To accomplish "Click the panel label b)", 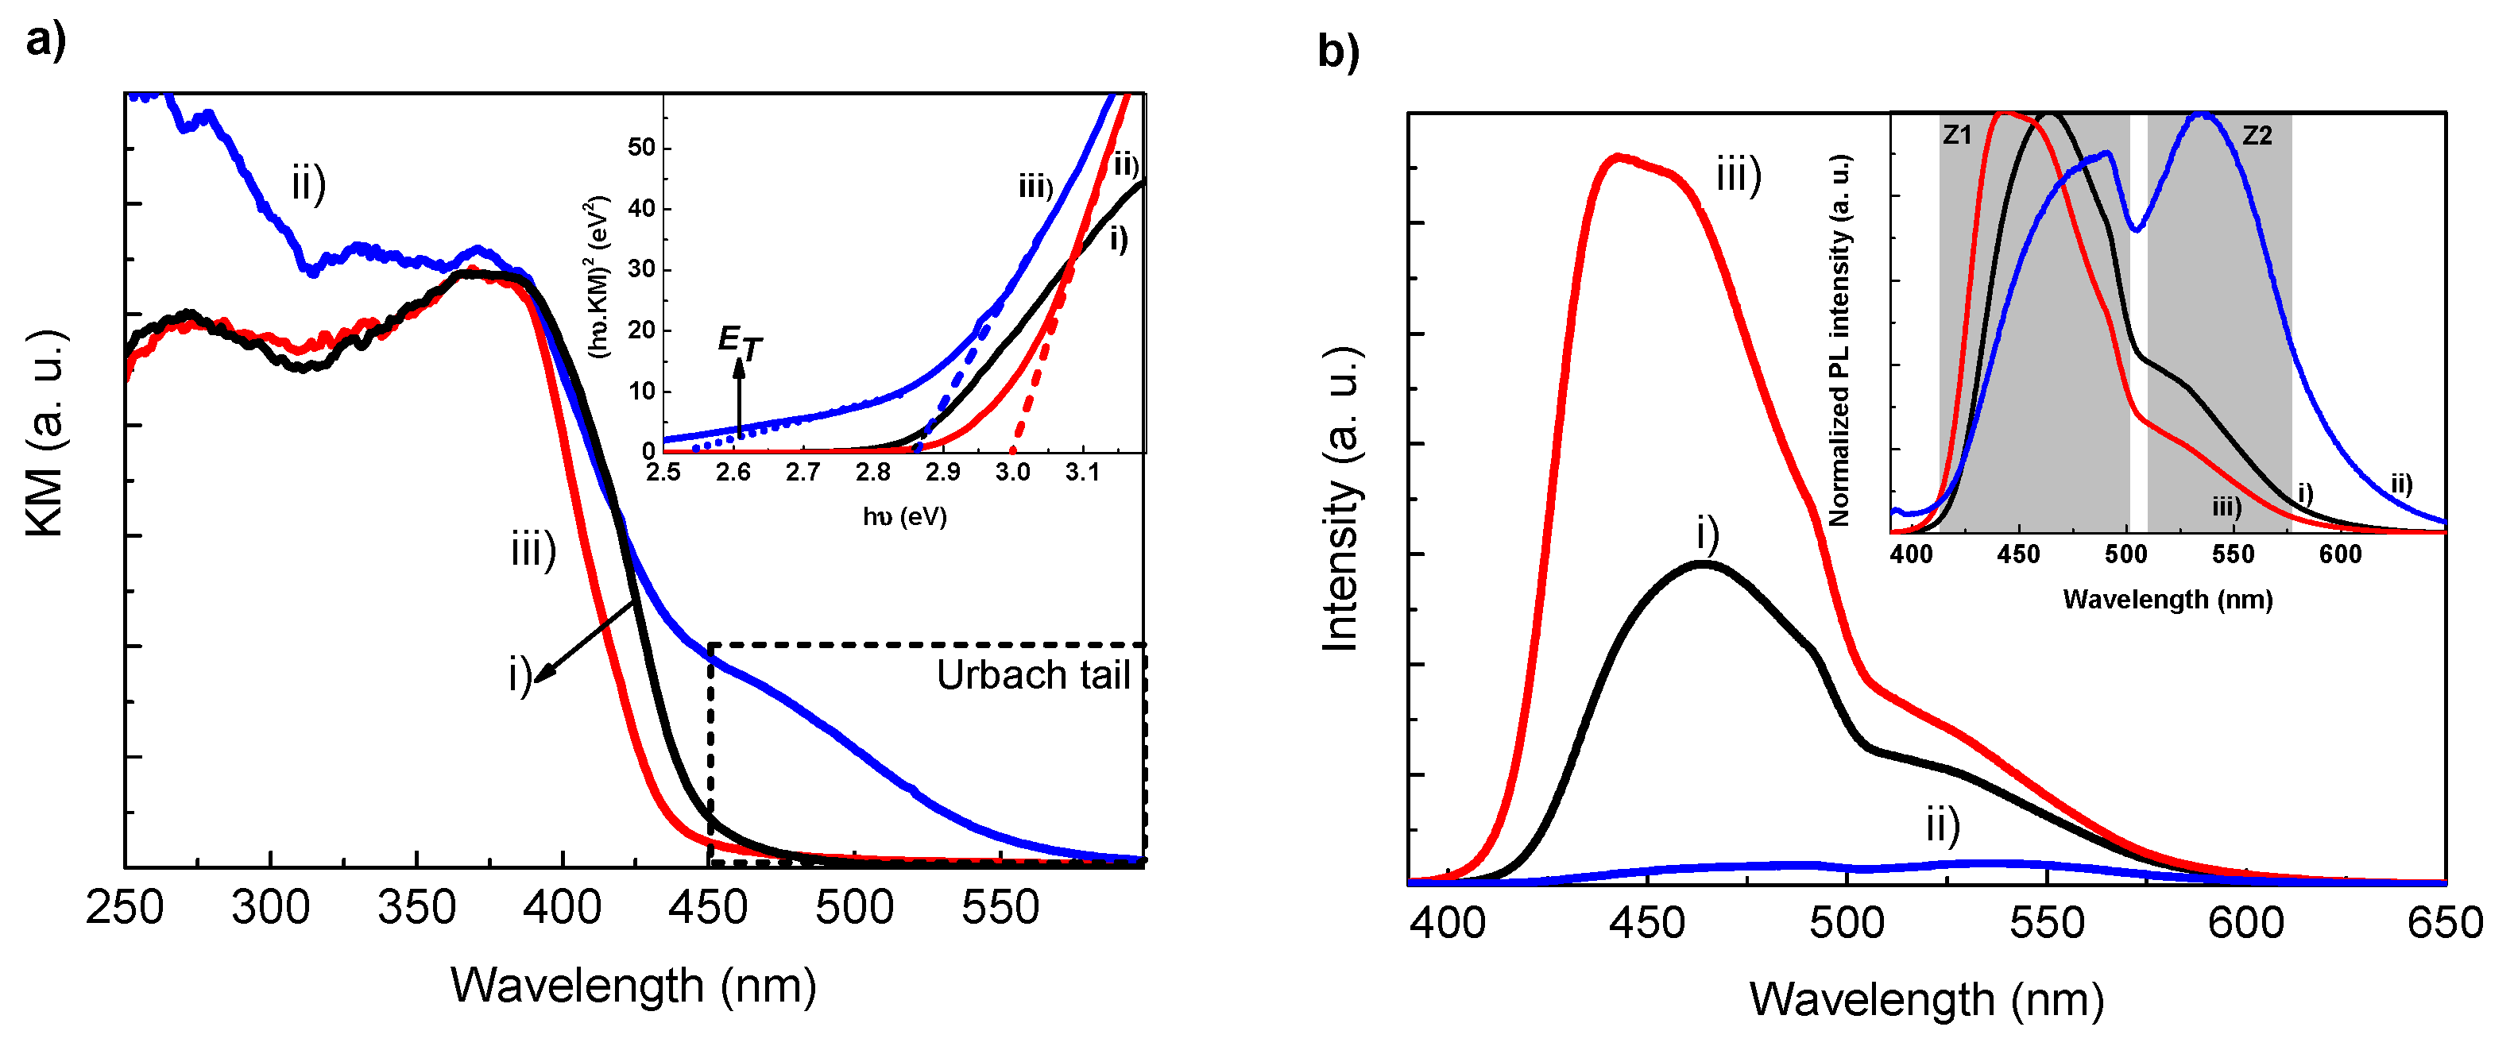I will pyautogui.click(x=1337, y=51).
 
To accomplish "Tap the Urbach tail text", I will pyautogui.click(x=1033, y=675).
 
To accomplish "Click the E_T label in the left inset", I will pyautogui.click(x=739, y=342).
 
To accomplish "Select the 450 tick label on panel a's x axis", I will pyautogui.click(x=707, y=909).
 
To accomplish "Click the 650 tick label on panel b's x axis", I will pyautogui.click(x=2445, y=923).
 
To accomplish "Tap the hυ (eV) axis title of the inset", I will pyautogui.click(x=903, y=516).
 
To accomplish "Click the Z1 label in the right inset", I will pyautogui.click(x=1957, y=135).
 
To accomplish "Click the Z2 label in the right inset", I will pyautogui.click(x=2257, y=136).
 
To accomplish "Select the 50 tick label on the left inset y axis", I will pyautogui.click(x=641, y=148).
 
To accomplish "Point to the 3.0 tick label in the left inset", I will pyautogui.click(x=1012, y=473).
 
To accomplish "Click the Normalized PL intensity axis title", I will pyautogui.click(x=1839, y=342).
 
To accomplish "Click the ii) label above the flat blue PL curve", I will pyautogui.click(x=1942, y=825).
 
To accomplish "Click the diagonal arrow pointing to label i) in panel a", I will pyautogui.click(x=586, y=640).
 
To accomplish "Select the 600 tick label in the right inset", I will pyautogui.click(x=2339, y=555).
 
